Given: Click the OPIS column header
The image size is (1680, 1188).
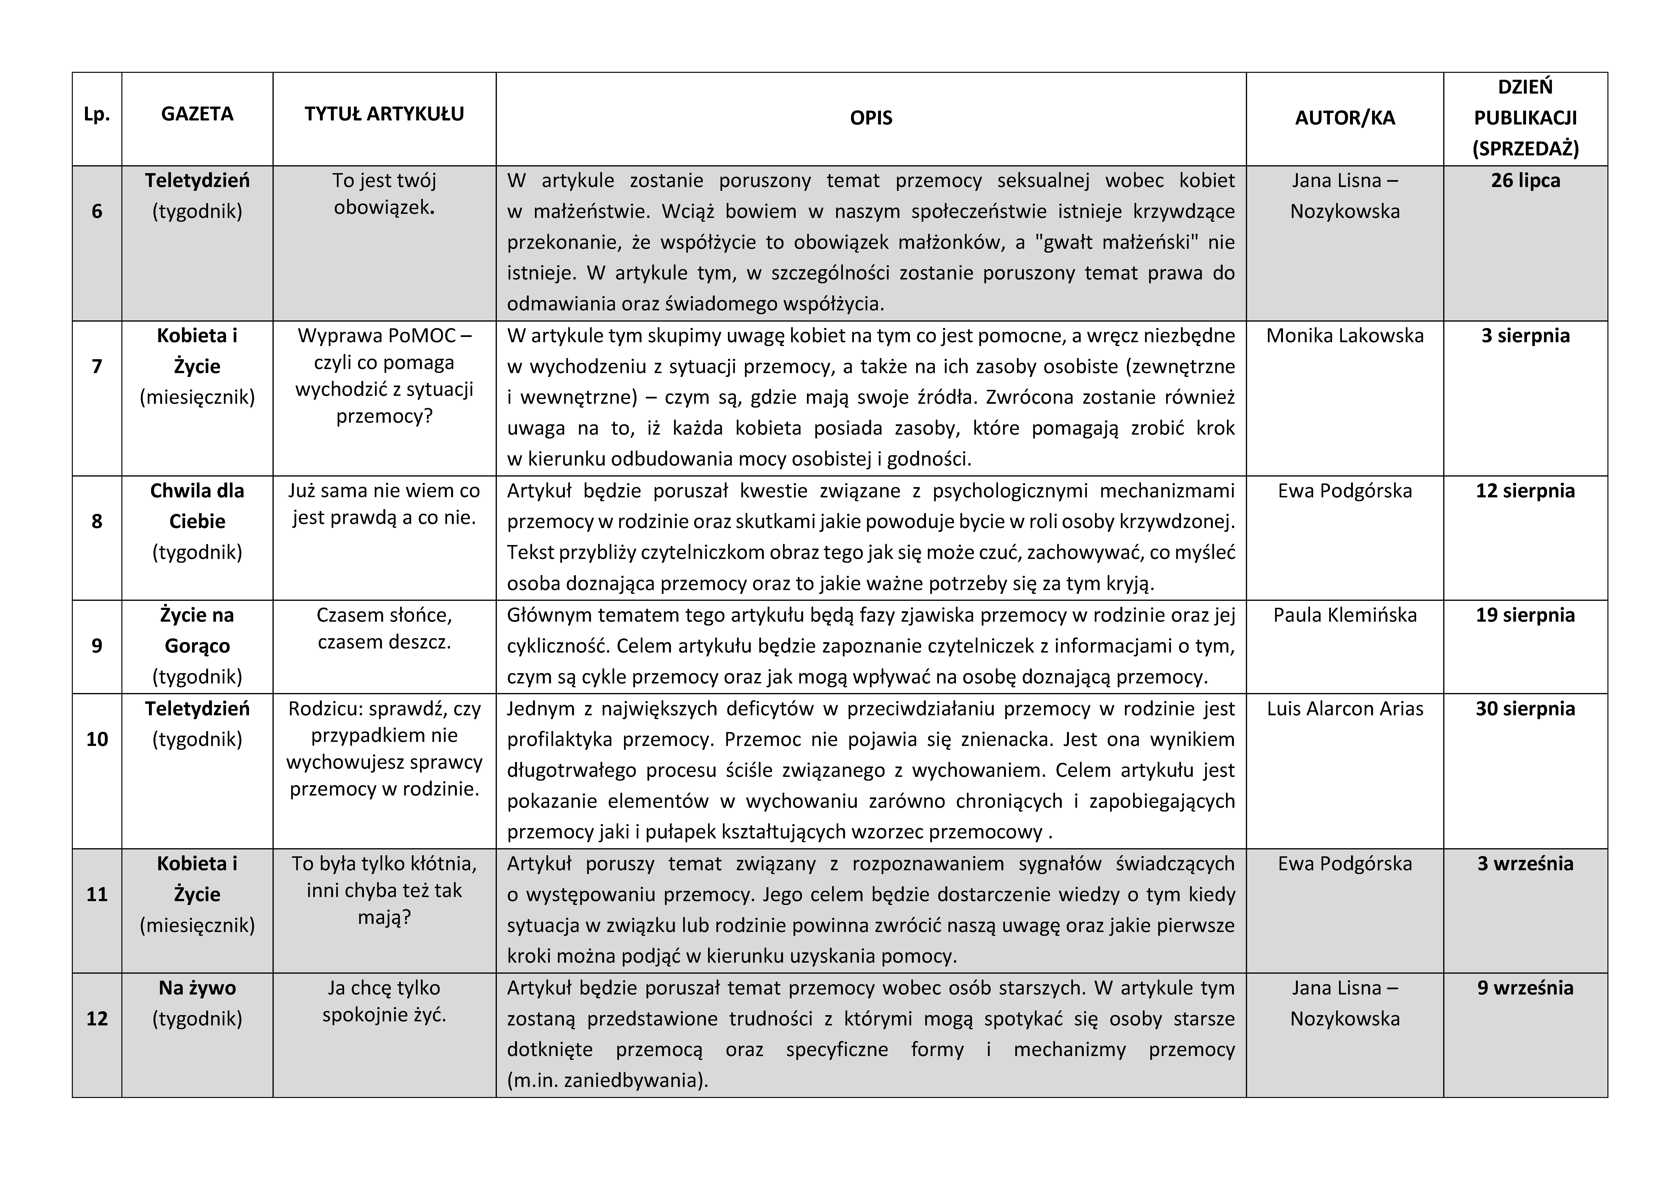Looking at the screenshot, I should tap(871, 118).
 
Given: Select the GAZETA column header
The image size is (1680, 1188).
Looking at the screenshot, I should tap(197, 114).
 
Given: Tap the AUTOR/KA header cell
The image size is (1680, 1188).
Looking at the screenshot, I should tap(1344, 118).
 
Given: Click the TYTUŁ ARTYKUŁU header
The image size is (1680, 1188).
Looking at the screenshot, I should tap(384, 114).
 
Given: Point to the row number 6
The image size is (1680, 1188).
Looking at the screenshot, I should tap(96, 211).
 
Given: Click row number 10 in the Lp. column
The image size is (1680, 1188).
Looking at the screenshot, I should tap(96, 739).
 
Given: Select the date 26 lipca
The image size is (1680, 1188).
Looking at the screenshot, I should tap(1525, 181).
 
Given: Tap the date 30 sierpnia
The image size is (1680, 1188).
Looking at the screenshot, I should tap(1525, 709).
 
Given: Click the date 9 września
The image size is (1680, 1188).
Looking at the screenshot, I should tap(1525, 988).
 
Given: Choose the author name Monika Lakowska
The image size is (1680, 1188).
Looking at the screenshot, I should tap(1344, 336).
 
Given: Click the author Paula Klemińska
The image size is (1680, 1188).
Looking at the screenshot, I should tap(1344, 615).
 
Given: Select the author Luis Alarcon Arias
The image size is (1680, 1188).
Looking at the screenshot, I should tap(1344, 709).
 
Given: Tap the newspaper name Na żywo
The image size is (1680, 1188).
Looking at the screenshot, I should tap(197, 988).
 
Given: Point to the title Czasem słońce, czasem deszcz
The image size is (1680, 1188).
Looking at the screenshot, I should tap(384, 628).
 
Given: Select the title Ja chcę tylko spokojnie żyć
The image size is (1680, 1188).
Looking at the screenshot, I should tap(384, 1001).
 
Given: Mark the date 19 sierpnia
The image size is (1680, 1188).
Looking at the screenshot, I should tap(1525, 615).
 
